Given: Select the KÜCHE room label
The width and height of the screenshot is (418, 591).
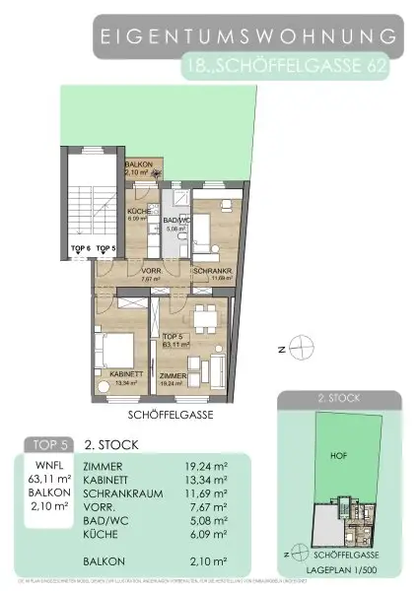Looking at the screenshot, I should click(137, 214).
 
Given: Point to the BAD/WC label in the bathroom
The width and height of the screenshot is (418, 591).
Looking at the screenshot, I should click(175, 223).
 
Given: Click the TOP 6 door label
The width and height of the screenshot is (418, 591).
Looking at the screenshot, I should click(80, 248).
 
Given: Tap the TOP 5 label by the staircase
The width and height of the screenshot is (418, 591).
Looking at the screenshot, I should click(105, 248).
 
